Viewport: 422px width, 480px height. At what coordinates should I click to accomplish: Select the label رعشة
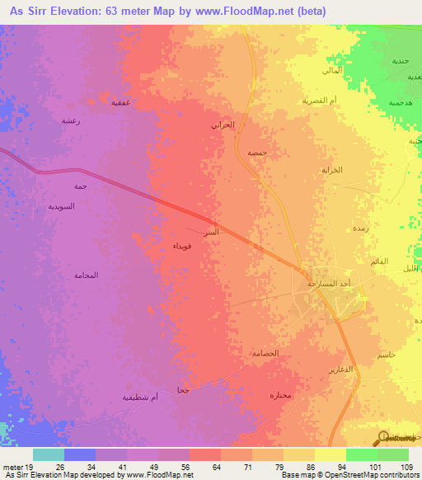[70, 120]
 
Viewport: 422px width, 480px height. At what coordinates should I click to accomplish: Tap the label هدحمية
[387, 104]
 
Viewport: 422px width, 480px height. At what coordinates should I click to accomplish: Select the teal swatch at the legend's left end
[49, 454]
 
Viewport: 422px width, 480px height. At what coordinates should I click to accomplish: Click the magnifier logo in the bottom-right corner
[382, 438]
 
